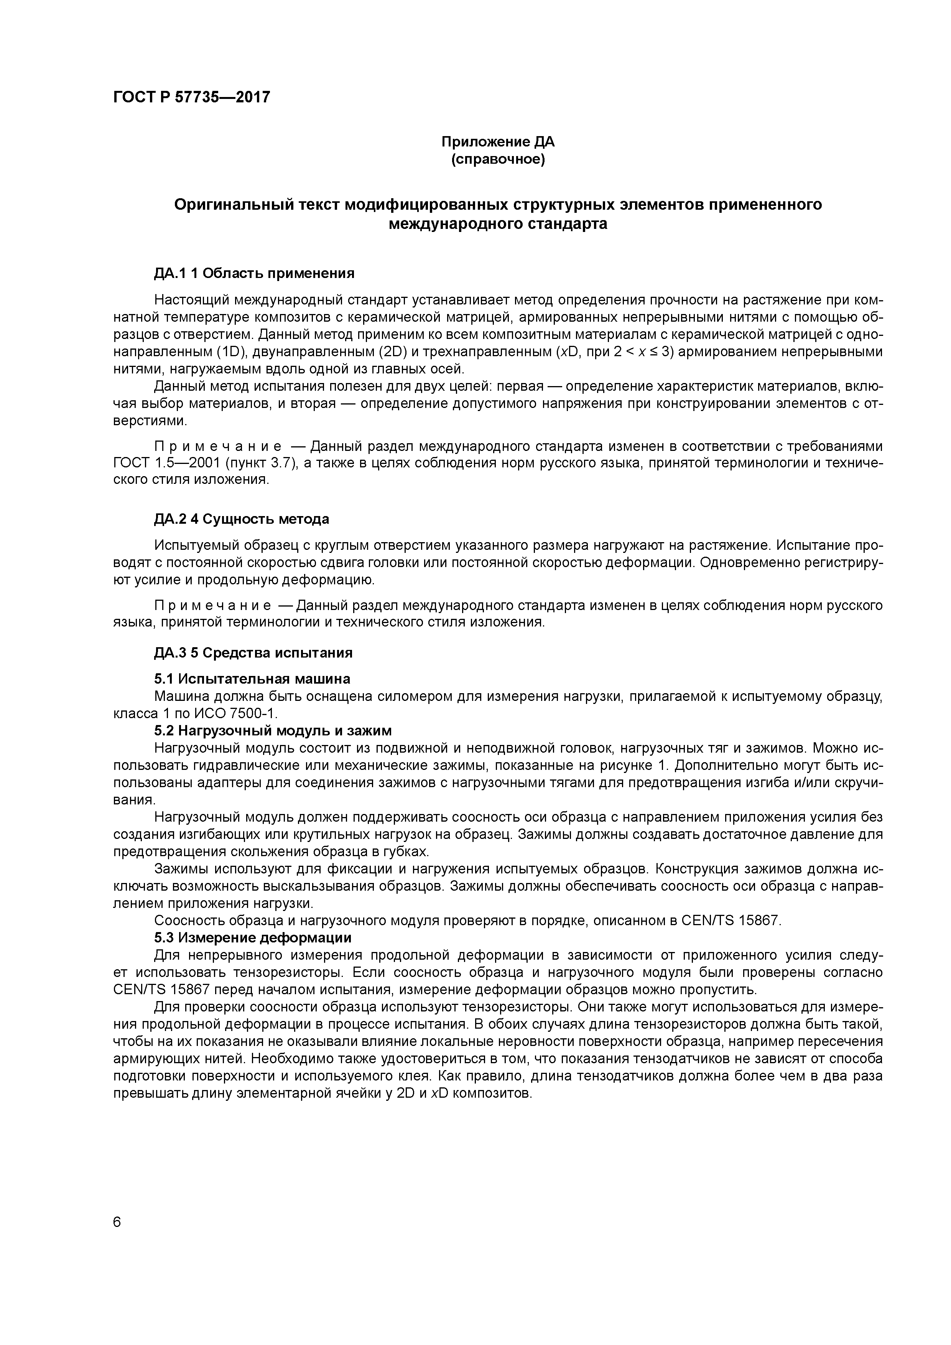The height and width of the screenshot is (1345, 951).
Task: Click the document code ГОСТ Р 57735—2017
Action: click(191, 97)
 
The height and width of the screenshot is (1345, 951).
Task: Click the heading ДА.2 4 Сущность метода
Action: click(242, 519)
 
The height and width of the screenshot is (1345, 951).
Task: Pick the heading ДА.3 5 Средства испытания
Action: click(253, 653)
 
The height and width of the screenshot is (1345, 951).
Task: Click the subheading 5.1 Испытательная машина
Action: click(252, 679)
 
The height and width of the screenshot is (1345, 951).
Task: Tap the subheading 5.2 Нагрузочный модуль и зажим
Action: click(273, 730)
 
